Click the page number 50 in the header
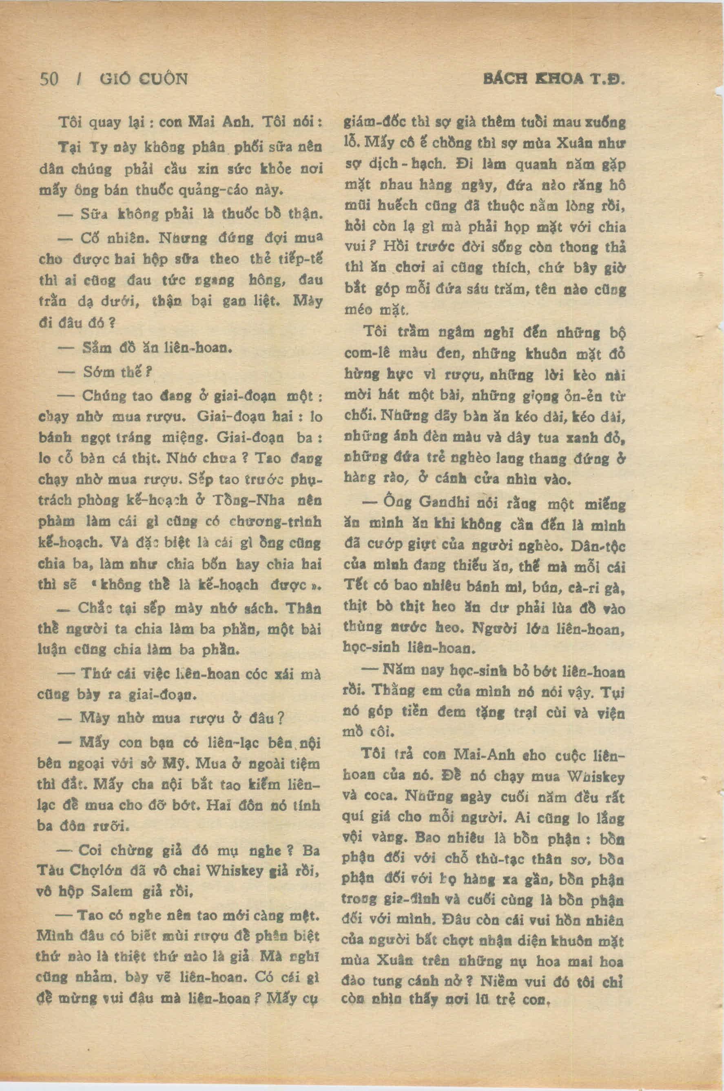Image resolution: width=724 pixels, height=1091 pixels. [49, 80]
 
